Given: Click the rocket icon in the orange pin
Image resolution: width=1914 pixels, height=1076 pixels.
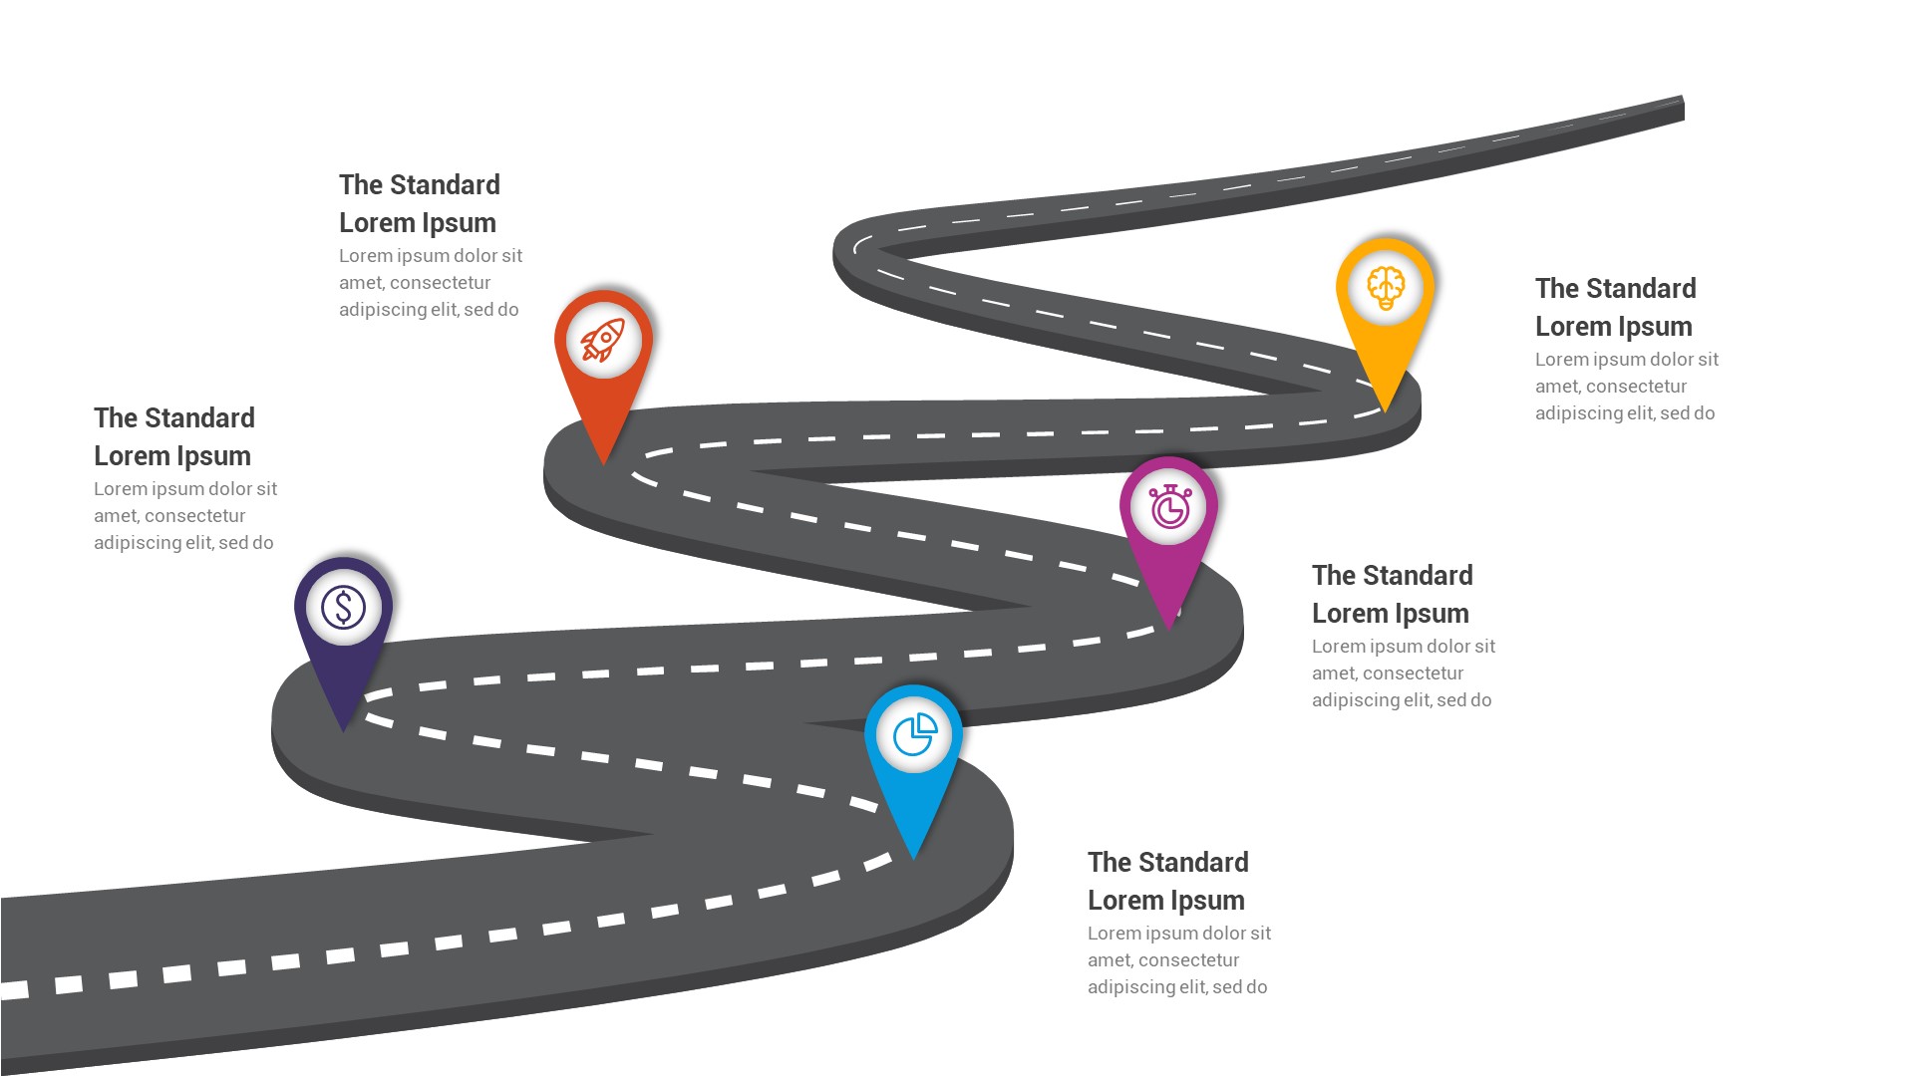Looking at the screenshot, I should coord(603,341).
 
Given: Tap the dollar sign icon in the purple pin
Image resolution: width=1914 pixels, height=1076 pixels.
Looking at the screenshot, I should coord(343,607).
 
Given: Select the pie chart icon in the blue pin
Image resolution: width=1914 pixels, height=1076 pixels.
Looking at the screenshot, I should coord(914,735).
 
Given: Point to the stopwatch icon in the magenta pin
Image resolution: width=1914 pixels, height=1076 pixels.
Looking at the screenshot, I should coord(1169,507).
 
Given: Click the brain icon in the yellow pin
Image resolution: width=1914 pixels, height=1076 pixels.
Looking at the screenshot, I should coord(1386,288).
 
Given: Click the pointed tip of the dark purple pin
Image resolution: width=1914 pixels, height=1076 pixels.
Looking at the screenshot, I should coord(343,728).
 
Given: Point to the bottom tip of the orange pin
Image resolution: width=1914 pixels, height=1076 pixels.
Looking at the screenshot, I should coord(603,461).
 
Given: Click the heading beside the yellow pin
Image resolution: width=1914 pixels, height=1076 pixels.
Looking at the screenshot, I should coord(1615,307).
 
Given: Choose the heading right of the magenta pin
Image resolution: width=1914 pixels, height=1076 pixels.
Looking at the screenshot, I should coord(1392,594).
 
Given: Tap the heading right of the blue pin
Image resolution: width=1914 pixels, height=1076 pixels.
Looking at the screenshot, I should coord(1167,881).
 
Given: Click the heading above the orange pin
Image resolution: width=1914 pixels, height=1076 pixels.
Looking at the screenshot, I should coord(419,203).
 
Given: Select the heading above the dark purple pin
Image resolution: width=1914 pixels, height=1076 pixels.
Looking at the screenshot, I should coord(173,436).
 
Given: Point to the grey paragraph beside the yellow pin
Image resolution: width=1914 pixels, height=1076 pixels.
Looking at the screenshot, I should coord(1626,386).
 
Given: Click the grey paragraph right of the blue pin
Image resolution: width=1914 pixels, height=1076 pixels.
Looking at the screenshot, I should coord(1178,959).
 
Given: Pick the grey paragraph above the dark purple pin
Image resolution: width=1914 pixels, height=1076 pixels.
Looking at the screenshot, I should coord(184,515).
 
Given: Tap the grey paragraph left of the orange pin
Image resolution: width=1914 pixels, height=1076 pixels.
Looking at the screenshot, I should coord(430,282).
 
